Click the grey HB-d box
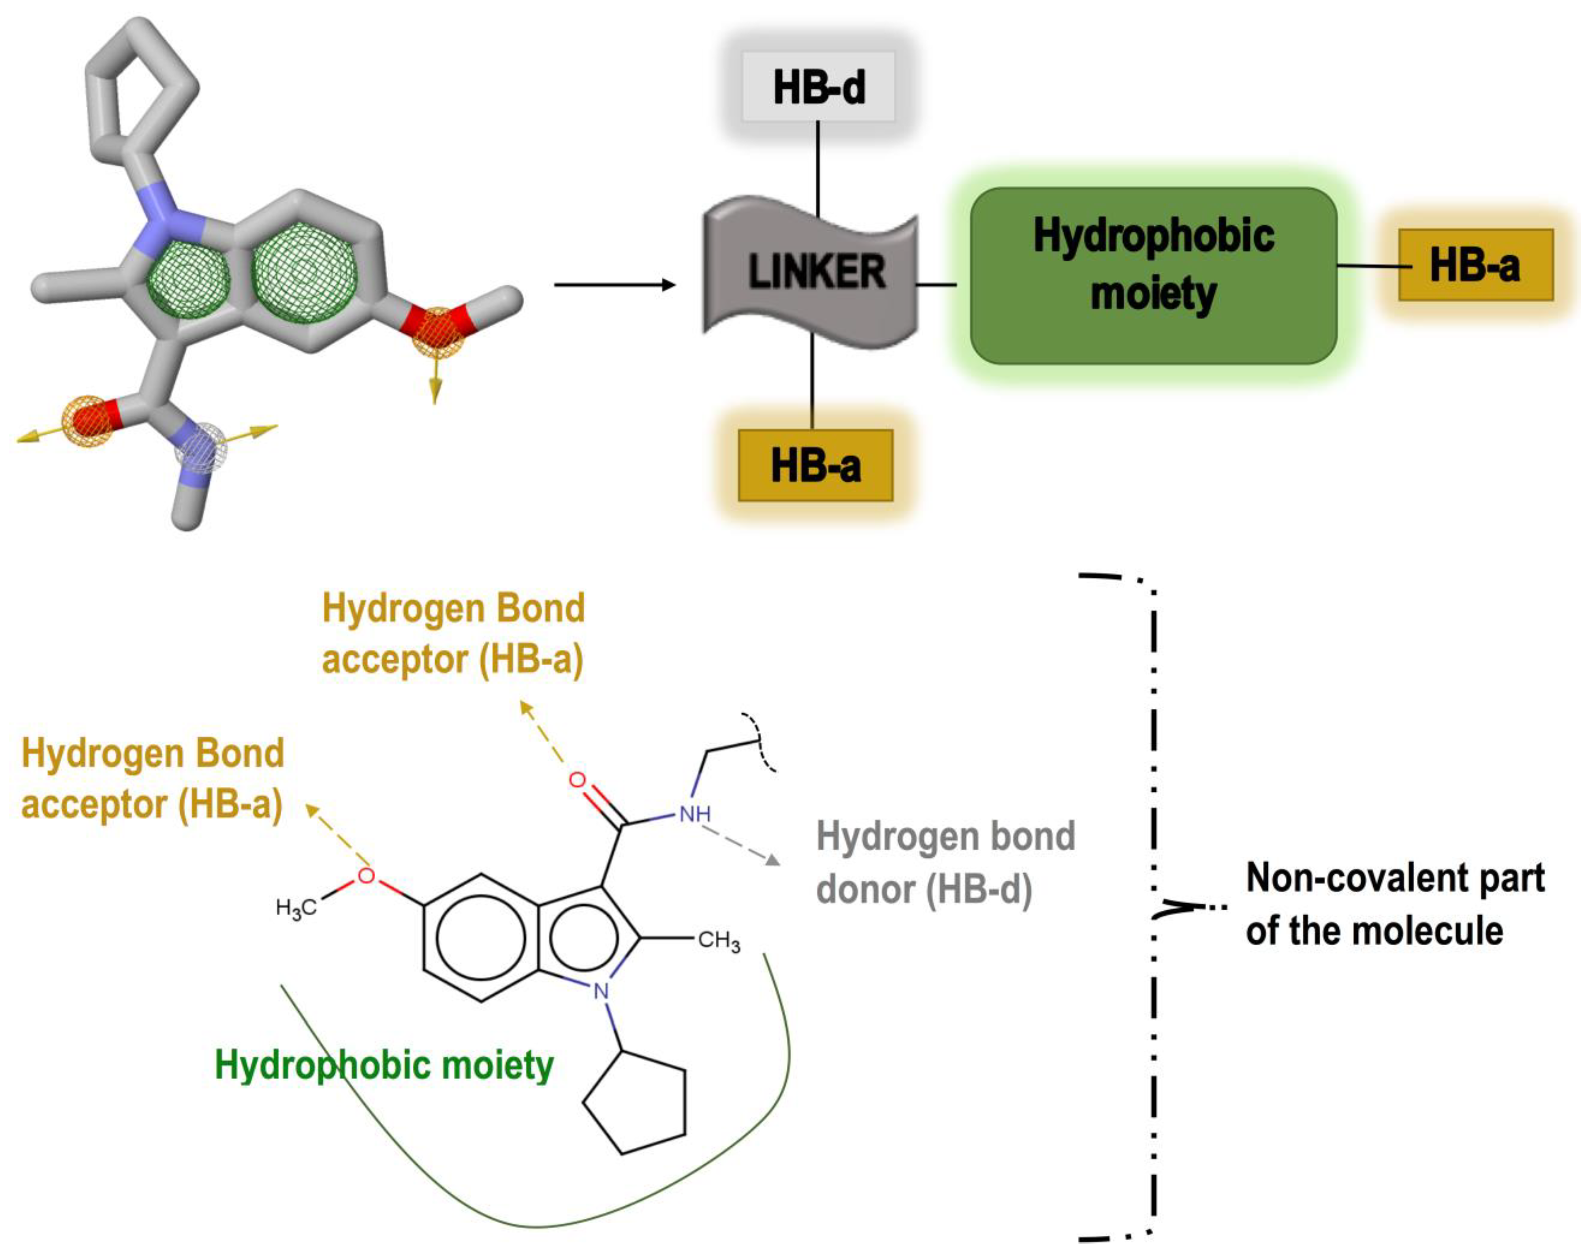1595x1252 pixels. [x=818, y=86]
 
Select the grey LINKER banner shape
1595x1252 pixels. [x=811, y=271]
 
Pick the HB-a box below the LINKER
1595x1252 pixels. [x=815, y=466]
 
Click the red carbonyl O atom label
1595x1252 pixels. [x=578, y=780]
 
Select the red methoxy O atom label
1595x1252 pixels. [x=366, y=876]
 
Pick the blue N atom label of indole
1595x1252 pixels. [x=601, y=991]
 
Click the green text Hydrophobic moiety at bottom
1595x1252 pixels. [x=384, y=1065]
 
